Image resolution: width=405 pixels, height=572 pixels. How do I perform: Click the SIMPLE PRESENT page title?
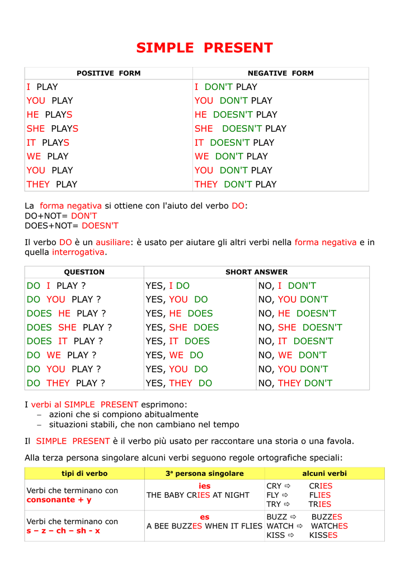[205, 48]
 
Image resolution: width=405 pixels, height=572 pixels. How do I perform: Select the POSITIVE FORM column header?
[109, 73]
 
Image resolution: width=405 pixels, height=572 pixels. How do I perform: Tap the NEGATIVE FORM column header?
[280, 73]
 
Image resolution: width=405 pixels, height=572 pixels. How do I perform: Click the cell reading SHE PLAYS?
[53, 128]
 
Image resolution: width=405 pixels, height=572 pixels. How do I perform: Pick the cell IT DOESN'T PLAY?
[234, 142]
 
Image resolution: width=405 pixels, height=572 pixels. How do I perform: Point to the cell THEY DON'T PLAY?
[236, 184]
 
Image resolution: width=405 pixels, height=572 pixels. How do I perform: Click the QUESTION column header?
[84, 272]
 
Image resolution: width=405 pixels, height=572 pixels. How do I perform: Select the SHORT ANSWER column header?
[256, 272]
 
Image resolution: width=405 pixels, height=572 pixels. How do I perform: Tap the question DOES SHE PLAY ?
[69, 327]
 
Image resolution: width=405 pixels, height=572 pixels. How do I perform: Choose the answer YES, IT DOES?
[178, 341]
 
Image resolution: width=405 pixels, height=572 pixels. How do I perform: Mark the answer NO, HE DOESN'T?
[298, 313]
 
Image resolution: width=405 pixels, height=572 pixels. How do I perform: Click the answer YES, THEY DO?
[179, 383]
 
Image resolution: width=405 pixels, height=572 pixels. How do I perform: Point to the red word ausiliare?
[112, 242]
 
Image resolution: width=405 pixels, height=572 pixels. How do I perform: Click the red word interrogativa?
[78, 252]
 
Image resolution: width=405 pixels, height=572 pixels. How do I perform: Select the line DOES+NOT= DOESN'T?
[72, 226]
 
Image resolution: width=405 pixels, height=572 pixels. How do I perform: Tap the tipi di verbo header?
[84, 473]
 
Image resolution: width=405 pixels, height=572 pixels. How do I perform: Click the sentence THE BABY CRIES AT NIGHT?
[198, 495]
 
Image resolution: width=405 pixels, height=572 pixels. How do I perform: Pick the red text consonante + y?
[59, 500]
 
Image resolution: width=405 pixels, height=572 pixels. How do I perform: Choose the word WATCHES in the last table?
[329, 526]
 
